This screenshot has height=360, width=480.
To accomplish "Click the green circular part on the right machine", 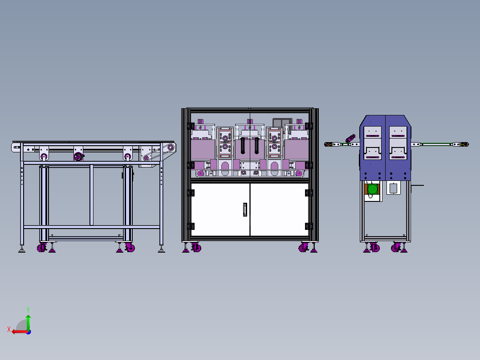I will click(372, 190).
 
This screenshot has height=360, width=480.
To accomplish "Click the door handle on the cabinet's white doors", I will click(245, 209).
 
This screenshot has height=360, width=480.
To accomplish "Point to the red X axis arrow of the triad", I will click(16, 331).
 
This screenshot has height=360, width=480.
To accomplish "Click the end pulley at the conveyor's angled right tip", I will click(170, 148).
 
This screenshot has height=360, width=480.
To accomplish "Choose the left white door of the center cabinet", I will click(220, 209).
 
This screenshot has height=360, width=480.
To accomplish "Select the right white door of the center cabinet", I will click(280, 209).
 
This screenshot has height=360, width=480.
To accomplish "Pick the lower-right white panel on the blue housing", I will click(397, 153).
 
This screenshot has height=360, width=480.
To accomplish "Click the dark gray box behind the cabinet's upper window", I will click(282, 122).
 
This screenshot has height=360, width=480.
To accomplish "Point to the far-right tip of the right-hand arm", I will click(467, 144).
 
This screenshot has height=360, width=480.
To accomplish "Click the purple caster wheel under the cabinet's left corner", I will click(195, 248).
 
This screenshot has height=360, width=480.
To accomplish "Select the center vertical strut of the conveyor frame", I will click(91, 195).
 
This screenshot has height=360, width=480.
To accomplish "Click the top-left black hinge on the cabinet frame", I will click(191, 126).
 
